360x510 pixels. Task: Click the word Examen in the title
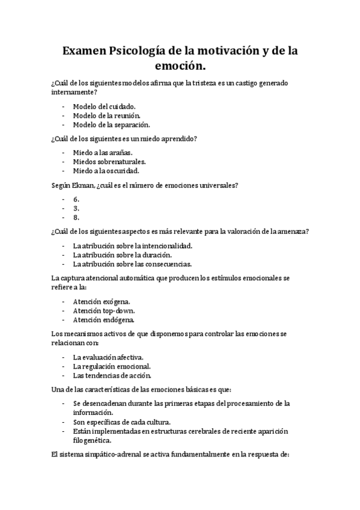coord(84,52)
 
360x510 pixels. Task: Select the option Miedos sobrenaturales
coord(109,162)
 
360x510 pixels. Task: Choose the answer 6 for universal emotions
coord(76,198)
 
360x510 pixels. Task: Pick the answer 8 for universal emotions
coord(76,218)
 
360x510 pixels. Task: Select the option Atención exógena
coord(102,301)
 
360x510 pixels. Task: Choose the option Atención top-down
coord(103,310)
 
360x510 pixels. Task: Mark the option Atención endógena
coord(103,320)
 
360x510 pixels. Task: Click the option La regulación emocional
coord(112,366)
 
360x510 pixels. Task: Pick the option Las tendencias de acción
coord(112,376)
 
